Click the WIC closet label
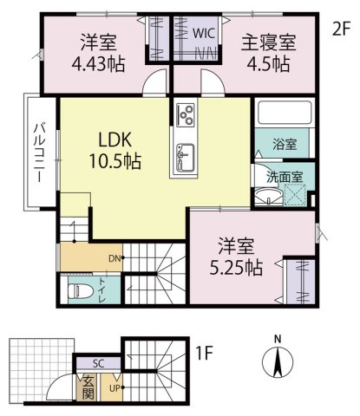[204, 33]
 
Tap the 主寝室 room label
[269, 42]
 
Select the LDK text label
[115, 140]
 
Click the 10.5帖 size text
[115, 161]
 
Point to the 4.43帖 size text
[98, 64]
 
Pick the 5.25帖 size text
[236, 268]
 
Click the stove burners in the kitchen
[186, 115]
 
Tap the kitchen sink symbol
[185, 158]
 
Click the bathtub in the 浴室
[284, 113]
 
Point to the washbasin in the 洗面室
[270, 197]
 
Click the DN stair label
[115, 258]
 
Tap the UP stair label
[115, 388]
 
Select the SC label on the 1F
[98, 363]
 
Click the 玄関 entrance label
[88, 388]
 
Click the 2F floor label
[341, 29]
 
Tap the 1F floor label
[205, 353]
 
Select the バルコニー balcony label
[39, 153]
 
